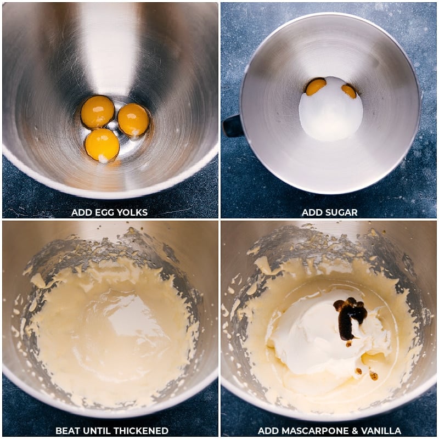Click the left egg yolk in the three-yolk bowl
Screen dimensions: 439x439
97,111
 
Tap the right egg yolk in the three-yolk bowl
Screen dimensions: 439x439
133,119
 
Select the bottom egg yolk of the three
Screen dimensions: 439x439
102,145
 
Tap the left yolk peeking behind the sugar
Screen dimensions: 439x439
316,86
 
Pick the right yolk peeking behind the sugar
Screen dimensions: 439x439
349,91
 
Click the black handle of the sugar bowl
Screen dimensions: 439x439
233,126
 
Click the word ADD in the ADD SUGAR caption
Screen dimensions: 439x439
311,212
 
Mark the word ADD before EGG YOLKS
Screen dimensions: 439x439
80,212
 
